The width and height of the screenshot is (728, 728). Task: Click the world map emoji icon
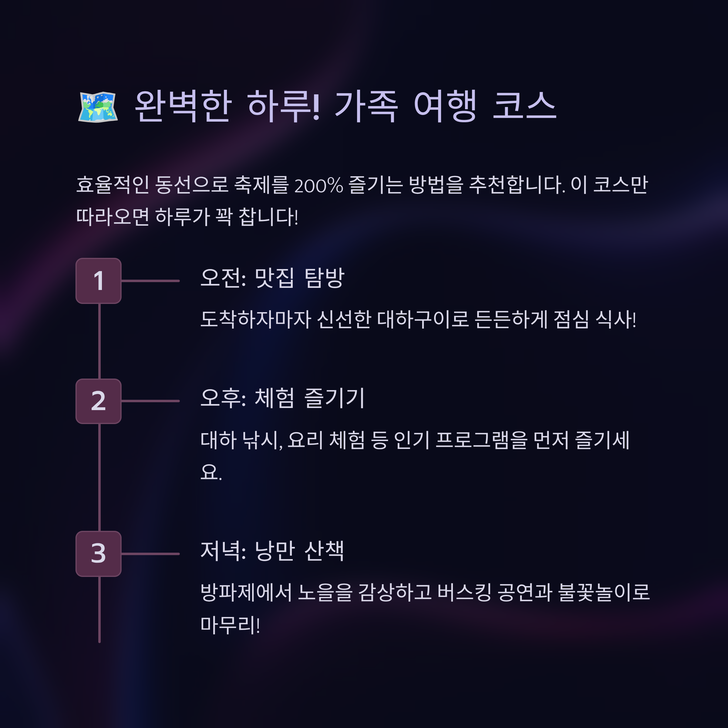(x=98, y=107)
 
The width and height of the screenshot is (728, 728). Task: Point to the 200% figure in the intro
(x=318, y=185)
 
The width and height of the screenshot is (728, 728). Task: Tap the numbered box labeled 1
(x=98, y=281)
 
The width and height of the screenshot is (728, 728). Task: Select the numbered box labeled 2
(x=98, y=401)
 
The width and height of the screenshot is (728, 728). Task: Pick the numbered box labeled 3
(x=98, y=554)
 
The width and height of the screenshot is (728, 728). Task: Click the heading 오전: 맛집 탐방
(x=272, y=278)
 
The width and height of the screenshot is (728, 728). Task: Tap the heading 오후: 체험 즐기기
(x=282, y=398)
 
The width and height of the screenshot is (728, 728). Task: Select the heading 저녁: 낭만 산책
(x=272, y=551)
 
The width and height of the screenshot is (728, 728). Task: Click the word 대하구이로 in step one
(x=423, y=319)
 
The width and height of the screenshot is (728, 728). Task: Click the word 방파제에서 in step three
(x=246, y=592)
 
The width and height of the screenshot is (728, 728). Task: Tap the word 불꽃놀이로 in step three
(x=604, y=592)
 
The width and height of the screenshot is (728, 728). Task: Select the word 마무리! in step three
(x=230, y=624)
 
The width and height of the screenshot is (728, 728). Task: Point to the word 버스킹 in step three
(x=464, y=592)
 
